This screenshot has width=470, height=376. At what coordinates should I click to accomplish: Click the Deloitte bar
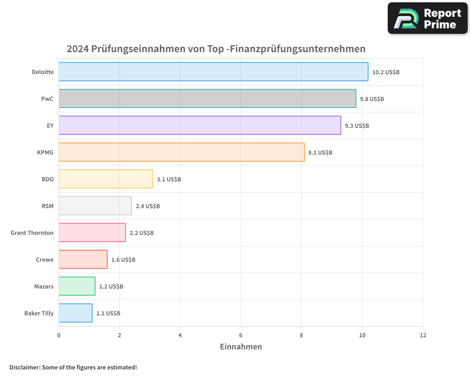coord(213,72)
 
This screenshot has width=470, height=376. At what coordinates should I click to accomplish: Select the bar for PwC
coord(207,99)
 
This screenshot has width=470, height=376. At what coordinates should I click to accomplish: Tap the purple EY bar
coord(200,125)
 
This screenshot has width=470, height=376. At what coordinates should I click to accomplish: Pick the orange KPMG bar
coord(181,152)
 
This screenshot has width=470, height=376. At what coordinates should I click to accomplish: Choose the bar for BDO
coord(106,179)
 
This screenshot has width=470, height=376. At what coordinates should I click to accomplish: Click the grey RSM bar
coord(95,206)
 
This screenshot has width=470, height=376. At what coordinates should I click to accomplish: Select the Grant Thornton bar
coord(92,233)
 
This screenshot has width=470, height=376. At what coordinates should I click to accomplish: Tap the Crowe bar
coord(83,259)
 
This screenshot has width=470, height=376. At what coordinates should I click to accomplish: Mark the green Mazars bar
coord(77,286)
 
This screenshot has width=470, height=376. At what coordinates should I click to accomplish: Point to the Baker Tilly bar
coord(75,313)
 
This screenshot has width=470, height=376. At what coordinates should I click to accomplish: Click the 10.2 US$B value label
coord(385,72)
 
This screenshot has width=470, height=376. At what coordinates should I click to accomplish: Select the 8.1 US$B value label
coord(320,153)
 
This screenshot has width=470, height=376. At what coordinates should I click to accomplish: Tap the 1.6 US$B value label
coord(123,260)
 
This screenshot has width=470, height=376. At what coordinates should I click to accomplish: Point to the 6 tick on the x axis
coord(241,336)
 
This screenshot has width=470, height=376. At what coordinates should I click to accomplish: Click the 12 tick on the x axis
coord(423,336)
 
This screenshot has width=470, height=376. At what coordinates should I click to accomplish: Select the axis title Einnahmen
coord(241,347)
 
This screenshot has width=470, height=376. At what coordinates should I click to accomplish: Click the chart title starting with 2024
coord(216,49)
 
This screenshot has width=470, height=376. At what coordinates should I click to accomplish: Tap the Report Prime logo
coord(428,18)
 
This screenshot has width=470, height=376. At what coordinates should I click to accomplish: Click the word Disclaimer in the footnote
coord(24,368)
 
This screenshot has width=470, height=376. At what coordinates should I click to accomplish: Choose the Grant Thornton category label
coord(32,233)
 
